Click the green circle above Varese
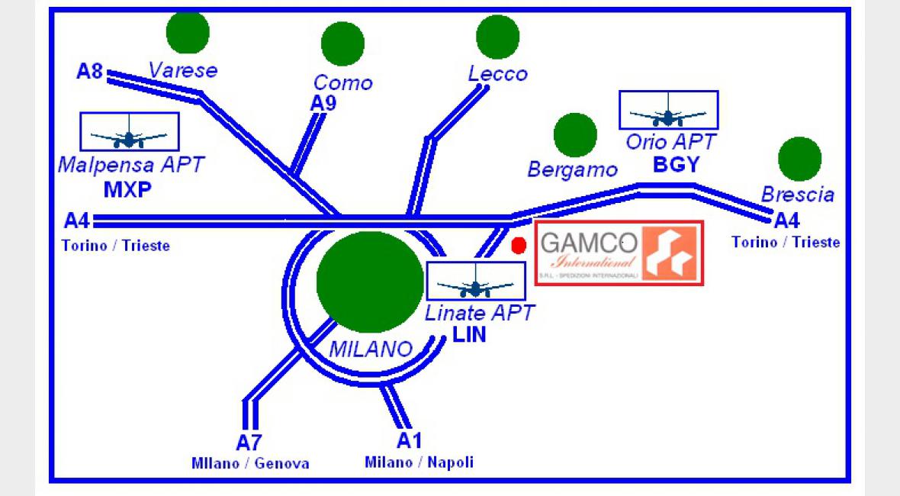pos(188,32)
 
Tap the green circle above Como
pos(342,43)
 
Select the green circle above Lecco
pos(497,36)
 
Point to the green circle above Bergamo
pos(575,135)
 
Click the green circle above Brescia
pos(799,159)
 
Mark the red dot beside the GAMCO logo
pos(519,246)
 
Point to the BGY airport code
pos(676,165)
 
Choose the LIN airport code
pos(469,334)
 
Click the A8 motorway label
pos(89,72)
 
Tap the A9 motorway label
pos(323,104)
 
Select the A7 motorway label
pos(249,442)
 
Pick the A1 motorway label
pos(410,440)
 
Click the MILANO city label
pos(371,349)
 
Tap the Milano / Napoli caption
pos(419,462)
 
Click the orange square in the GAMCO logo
pos(667,253)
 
